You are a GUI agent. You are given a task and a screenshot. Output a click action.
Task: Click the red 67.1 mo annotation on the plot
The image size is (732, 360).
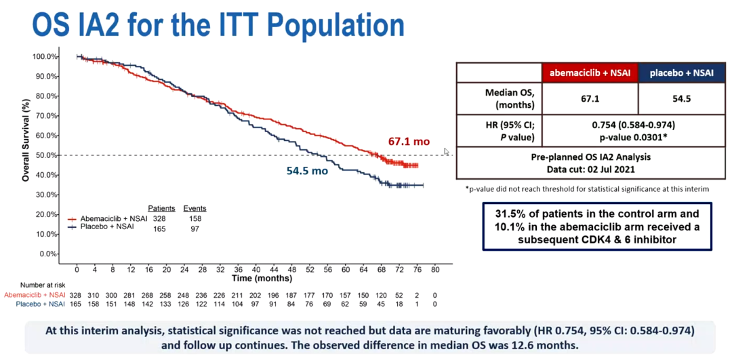tap(409, 142)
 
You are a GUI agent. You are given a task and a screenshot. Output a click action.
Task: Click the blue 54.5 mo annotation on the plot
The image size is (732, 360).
tap(307, 172)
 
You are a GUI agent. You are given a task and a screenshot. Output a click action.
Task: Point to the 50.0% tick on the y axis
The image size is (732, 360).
tap(45, 155)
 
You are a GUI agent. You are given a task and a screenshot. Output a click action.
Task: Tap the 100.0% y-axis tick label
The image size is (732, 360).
tap(44, 56)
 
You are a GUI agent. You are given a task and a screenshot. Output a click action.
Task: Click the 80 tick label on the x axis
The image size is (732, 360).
tap(435, 270)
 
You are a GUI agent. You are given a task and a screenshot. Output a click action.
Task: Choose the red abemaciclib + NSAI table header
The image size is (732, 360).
tap(589, 73)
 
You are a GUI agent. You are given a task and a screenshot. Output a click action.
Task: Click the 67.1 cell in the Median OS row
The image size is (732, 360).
tap(589, 99)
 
